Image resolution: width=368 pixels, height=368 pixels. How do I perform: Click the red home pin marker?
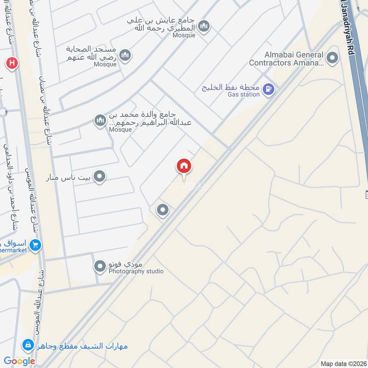[184, 167]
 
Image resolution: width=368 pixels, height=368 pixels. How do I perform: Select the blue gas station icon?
[269, 89]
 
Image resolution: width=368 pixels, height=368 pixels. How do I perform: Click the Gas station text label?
[243, 95]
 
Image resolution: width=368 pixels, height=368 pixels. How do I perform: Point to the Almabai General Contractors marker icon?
[331, 58]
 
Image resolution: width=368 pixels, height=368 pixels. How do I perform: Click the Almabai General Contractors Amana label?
[286, 59]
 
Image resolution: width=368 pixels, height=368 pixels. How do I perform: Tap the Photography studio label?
[136, 271]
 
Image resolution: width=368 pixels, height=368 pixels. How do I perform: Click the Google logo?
[20, 361]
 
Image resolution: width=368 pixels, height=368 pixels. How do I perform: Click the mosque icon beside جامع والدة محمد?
[100, 121]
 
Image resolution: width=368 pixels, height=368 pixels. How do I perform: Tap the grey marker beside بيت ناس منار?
[99, 177]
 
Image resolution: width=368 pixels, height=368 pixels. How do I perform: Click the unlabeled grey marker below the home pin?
[162, 210]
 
